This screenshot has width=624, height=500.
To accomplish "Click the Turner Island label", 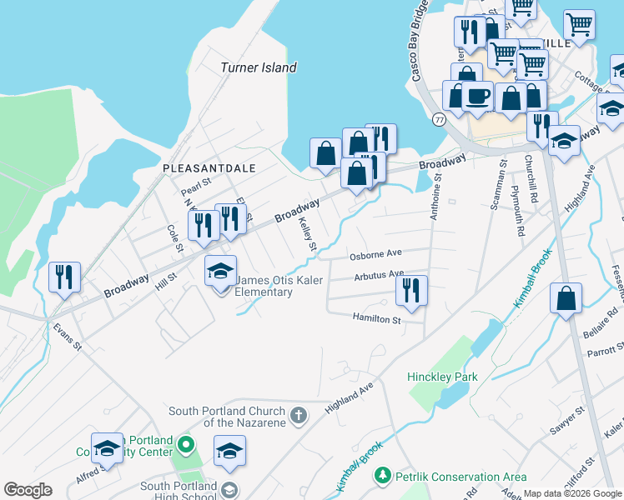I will coord(258,67).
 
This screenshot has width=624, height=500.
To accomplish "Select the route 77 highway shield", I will coord(439,120).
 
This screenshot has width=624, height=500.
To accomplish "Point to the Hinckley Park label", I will coord(442,377).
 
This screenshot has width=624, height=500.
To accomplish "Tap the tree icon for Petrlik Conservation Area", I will coord(383,475).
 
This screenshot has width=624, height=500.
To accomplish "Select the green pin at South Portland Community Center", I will coord(187,446).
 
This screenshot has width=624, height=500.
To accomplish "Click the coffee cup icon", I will coord(478,97).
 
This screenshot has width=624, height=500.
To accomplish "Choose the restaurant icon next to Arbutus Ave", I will coord(411,291).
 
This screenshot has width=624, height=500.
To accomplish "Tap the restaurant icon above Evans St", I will coord(64,277).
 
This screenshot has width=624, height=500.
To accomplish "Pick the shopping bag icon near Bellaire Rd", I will coord(566,300).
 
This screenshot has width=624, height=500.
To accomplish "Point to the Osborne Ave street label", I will coord(376,255).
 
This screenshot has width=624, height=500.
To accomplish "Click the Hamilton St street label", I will coord(376,318).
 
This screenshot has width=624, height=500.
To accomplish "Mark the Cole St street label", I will coord(174,236).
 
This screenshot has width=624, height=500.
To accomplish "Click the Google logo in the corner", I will coord(28,490).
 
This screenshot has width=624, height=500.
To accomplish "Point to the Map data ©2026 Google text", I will coord(572,493).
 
